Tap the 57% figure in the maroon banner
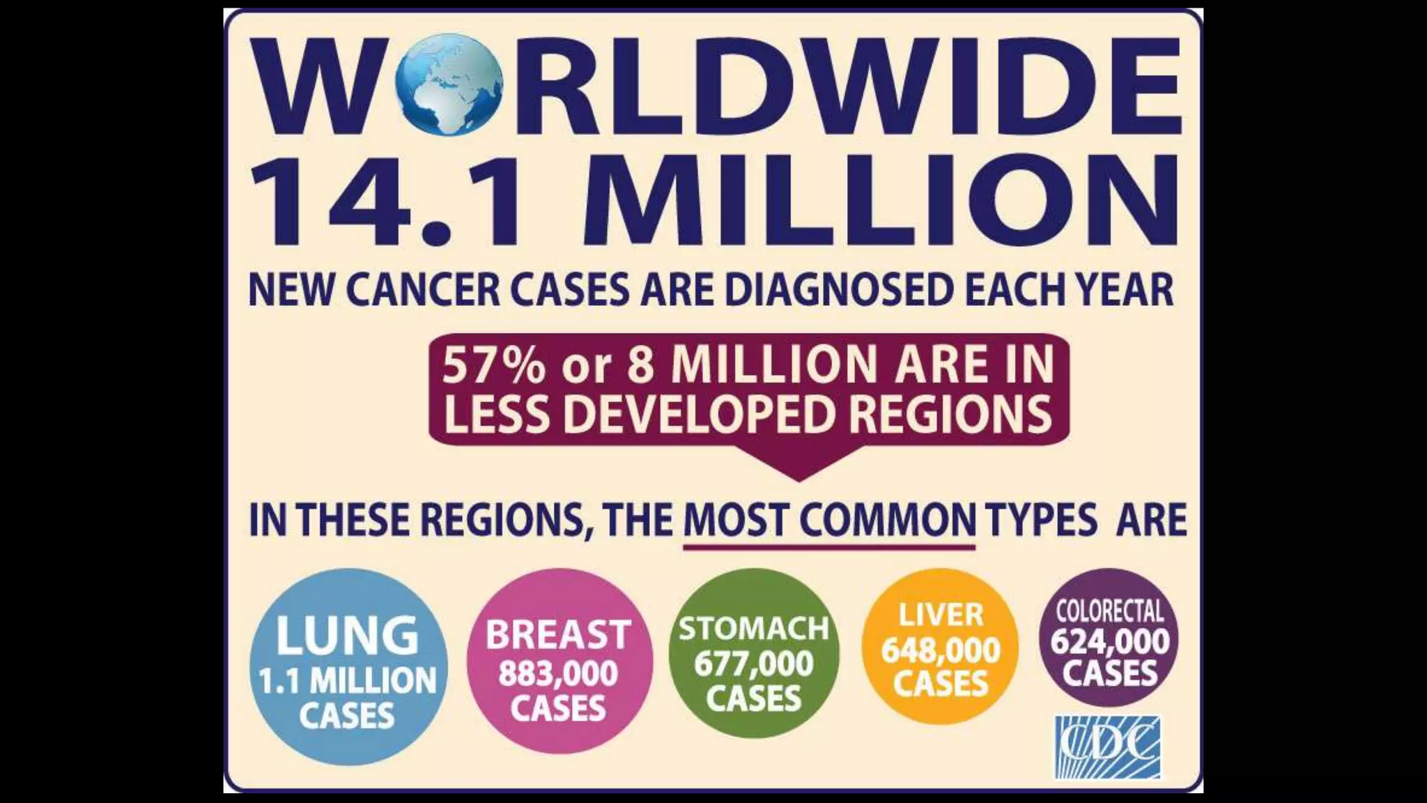(x=493, y=365)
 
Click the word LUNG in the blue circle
(x=347, y=635)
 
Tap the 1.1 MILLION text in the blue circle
(x=347, y=680)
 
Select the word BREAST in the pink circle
(x=558, y=635)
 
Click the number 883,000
(x=558, y=674)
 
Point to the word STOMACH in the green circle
(x=754, y=629)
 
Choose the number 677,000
(x=754, y=664)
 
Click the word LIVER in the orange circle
(x=941, y=615)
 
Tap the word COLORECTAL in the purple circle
(x=1110, y=611)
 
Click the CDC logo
(x=1108, y=747)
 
